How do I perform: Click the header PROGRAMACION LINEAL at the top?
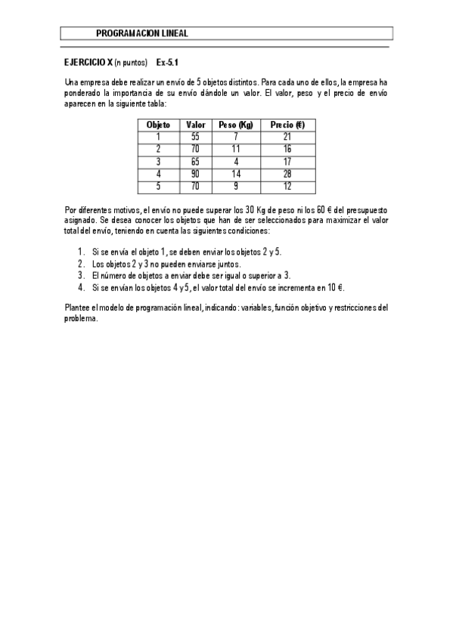(x=142, y=33)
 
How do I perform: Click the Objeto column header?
(x=158, y=125)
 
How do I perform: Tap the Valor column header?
(x=195, y=125)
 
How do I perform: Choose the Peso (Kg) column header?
(x=235, y=125)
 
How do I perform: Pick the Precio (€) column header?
(x=287, y=125)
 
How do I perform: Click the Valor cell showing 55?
(x=195, y=137)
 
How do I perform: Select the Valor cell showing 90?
(x=195, y=173)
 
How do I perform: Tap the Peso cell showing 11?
(x=235, y=149)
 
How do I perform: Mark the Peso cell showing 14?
(x=235, y=173)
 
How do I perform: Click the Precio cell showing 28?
(x=287, y=173)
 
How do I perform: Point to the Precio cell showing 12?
(x=287, y=185)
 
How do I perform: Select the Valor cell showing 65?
(x=195, y=161)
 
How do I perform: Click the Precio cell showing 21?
(x=287, y=137)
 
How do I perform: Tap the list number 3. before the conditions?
(x=81, y=276)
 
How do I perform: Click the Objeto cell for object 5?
(x=158, y=185)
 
